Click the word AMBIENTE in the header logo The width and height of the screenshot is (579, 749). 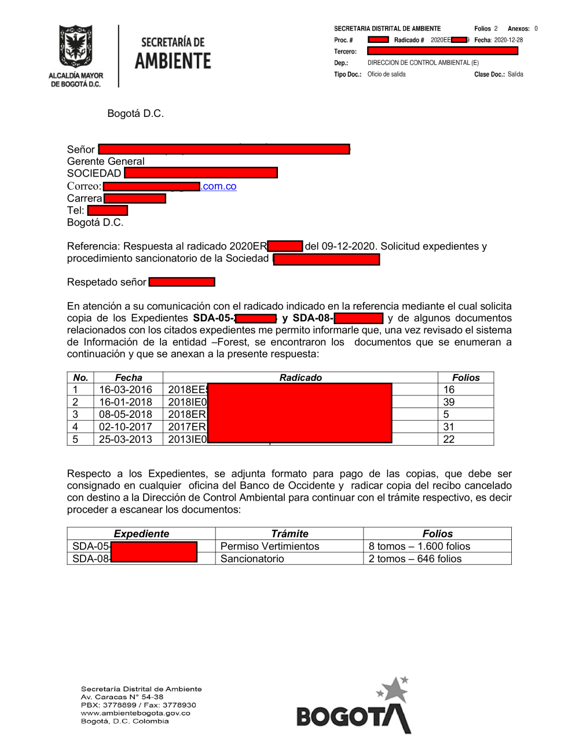(x=173, y=61)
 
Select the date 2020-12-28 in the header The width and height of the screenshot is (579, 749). (x=508, y=40)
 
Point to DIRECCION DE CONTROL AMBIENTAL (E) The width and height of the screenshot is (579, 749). (x=423, y=63)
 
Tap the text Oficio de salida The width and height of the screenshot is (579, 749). (x=386, y=74)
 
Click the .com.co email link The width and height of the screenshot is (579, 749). (x=219, y=186)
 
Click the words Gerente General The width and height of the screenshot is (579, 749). (x=105, y=161)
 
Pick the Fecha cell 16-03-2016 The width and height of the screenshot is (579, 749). (x=126, y=390)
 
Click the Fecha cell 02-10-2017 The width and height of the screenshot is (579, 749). (x=126, y=427)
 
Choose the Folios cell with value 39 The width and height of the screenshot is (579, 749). (x=449, y=402)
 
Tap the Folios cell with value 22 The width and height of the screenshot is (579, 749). (x=449, y=439)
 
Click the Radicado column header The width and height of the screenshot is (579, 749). (x=301, y=378)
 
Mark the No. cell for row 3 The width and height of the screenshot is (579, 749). (x=75, y=414)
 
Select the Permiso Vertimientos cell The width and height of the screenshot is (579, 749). (x=270, y=546)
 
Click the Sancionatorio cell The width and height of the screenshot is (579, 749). (x=252, y=559)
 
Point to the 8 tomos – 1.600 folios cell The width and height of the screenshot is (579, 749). (x=419, y=546)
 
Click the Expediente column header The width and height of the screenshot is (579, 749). (x=141, y=534)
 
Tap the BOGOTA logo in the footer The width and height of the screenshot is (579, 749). (x=354, y=708)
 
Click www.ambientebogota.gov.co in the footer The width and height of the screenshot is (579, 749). (x=135, y=713)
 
